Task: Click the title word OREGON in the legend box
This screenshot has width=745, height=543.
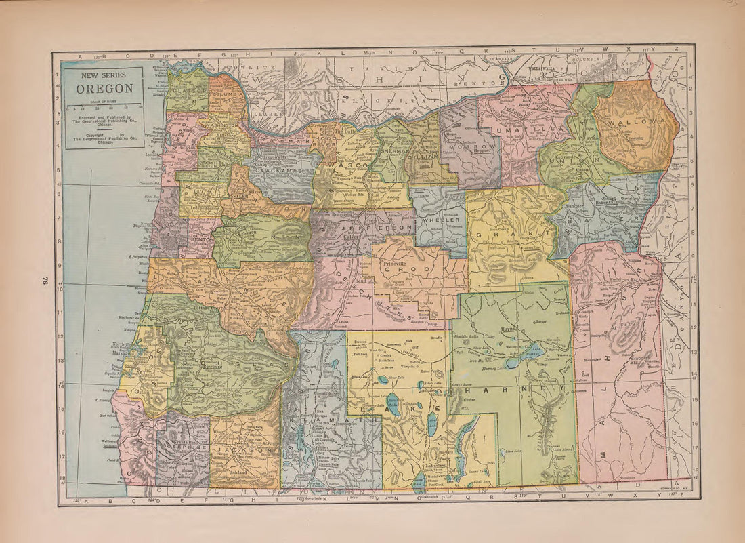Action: pos(104,89)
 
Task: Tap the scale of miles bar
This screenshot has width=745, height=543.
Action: pos(104,104)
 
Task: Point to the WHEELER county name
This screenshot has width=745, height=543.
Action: pos(441,220)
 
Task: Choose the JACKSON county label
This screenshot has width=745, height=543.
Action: pos(245,450)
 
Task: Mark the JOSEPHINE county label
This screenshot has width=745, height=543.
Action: pos(182,447)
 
